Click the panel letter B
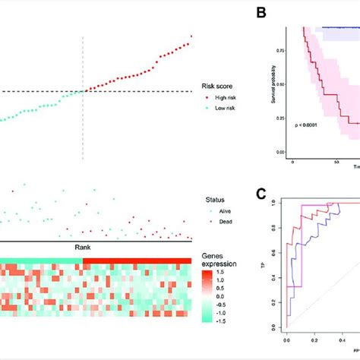click(x=261, y=12)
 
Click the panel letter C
click(x=261, y=194)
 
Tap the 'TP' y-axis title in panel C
click(x=270, y=267)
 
